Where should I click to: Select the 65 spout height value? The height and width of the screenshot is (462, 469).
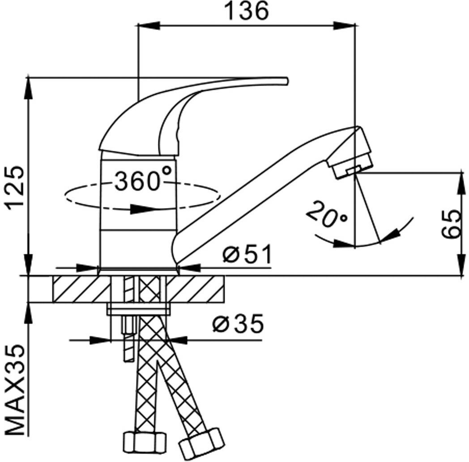pos(452,223)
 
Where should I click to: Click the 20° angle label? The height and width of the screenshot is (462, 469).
pos(326,214)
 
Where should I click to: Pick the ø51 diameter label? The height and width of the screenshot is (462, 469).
pos(247,255)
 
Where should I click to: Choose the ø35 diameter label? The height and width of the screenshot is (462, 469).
pos(238,325)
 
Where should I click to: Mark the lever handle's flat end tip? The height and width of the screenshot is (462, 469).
pos(285,80)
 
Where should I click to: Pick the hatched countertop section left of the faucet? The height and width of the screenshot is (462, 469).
pos(81,289)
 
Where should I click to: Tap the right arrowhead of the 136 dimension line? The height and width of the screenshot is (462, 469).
pos(349,26)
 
